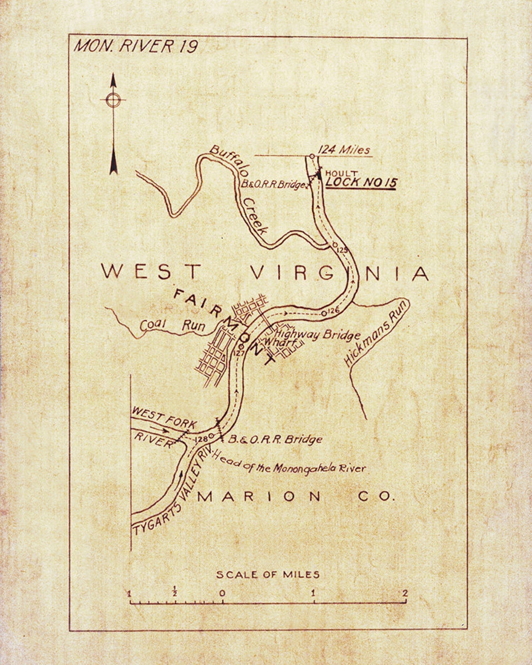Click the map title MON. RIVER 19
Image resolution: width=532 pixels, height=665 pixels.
click(136, 46)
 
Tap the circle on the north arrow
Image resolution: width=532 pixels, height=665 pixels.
click(113, 100)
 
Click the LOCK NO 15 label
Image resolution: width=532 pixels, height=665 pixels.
click(361, 183)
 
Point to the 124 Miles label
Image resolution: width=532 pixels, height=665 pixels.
click(343, 150)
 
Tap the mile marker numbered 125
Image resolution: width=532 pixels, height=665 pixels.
click(342, 250)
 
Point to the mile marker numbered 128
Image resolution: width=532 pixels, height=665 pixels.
click(202, 439)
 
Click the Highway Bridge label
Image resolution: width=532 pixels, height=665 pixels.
click(318, 334)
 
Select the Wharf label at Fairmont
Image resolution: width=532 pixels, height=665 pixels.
click(281, 342)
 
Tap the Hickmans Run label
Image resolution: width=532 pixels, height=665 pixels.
click(377, 333)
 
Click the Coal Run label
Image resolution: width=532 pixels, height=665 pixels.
click(172, 325)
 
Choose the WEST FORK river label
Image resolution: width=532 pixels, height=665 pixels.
click(164, 418)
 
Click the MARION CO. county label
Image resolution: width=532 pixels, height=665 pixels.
click(296, 497)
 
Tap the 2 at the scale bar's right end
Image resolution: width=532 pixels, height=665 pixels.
click(405, 593)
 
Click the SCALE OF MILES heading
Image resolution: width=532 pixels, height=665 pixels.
click(267, 574)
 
